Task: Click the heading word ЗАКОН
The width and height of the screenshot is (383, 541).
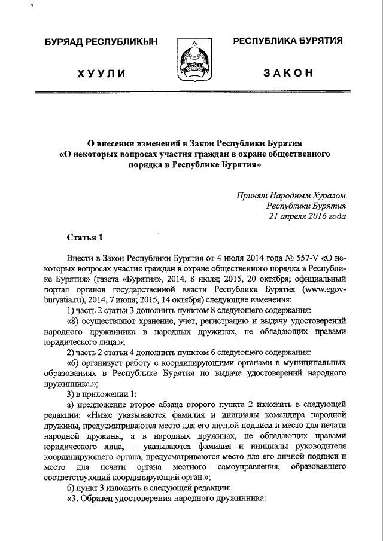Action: [288, 73]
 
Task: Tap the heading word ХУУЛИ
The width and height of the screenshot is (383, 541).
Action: [101, 74]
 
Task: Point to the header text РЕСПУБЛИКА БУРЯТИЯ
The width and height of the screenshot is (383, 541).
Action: [287, 41]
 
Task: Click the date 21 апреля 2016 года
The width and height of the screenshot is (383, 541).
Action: [308, 216]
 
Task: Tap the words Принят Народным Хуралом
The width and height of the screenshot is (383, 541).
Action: [291, 195]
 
